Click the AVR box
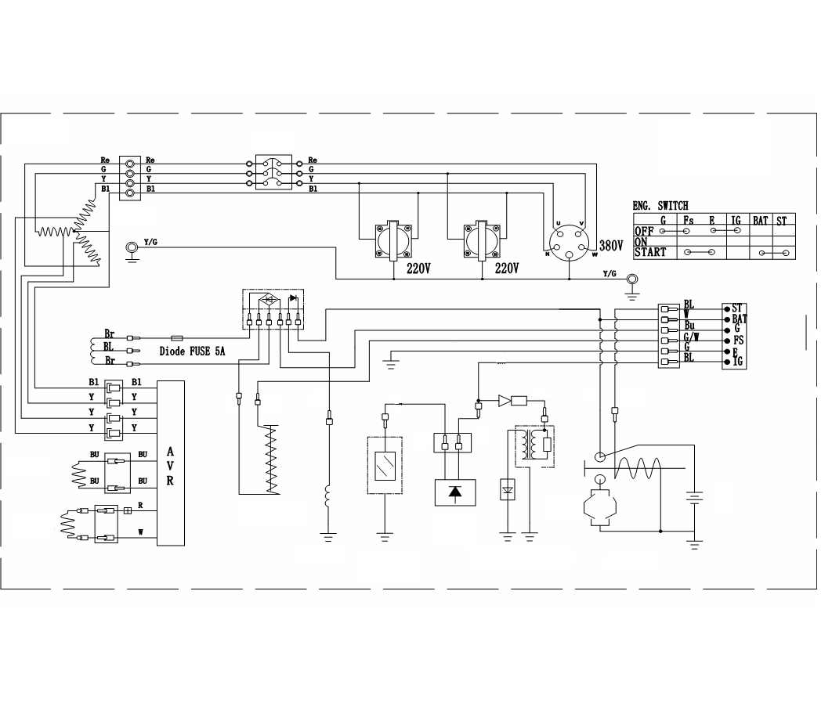tap(170, 463)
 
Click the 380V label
tap(611, 245)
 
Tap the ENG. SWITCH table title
tap(660, 206)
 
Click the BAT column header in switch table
tap(760, 222)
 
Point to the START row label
tap(650, 252)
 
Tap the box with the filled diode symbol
tap(454, 492)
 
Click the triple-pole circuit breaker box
tap(273, 172)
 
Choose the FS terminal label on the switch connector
tap(737, 341)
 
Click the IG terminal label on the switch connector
tap(737, 362)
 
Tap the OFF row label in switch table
tap(644, 232)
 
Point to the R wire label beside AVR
tap(140, 506)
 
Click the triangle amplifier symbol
tap(504, 401)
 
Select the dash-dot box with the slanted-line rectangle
tap(384, 465)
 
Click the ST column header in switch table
tap(782, 222)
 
